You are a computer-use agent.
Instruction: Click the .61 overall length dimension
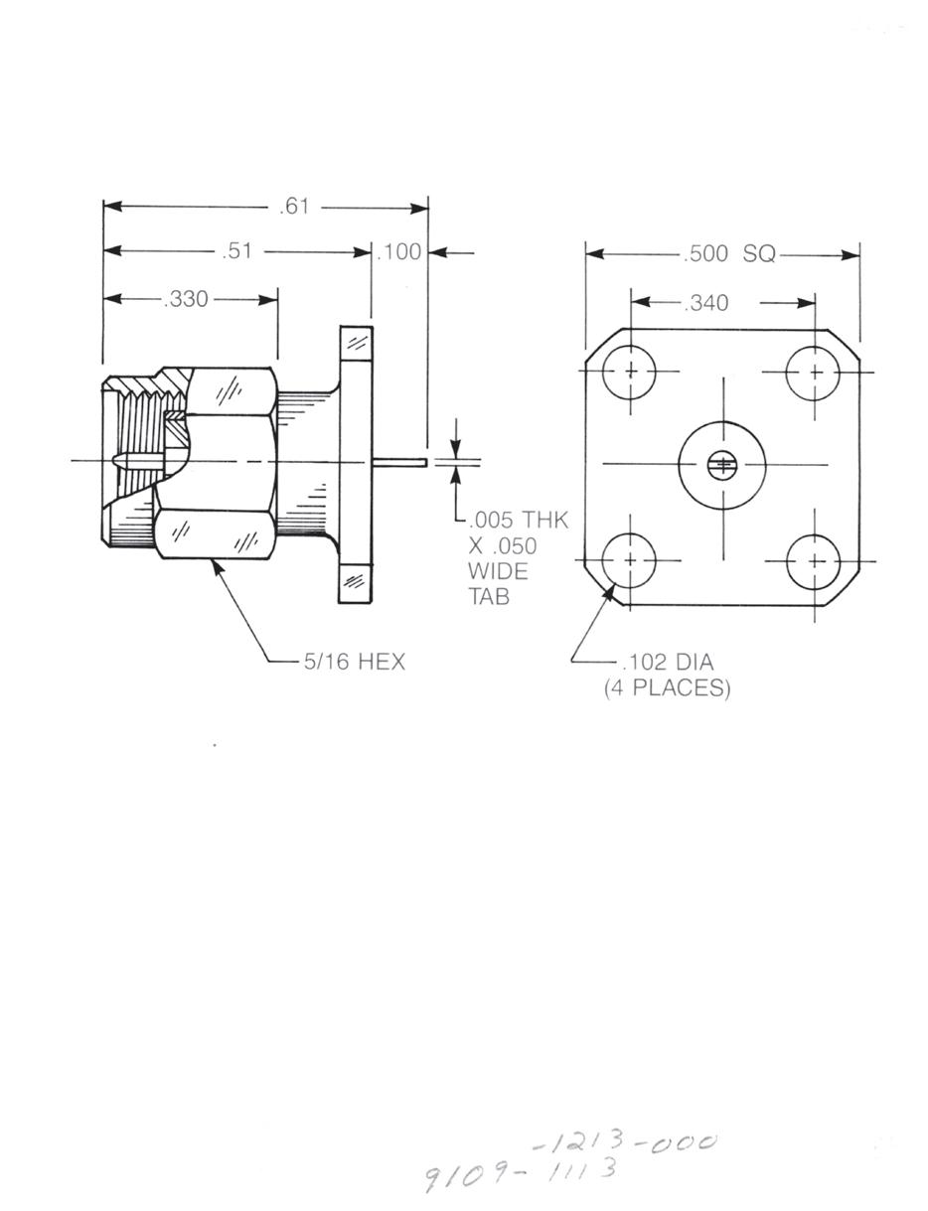(x=295, y=207)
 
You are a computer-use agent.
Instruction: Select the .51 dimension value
(x=237, y=251)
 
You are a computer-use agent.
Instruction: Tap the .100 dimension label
(x=399, y=252)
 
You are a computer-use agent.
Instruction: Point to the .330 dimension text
(x=186, y=299)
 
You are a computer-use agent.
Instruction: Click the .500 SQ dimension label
(x=729, y=254)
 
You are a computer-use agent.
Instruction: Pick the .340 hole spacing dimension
(x=706, y=302)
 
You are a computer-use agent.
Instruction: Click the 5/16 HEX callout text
(x=355, y=662)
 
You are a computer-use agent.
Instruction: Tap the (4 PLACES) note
(x=667, y=687)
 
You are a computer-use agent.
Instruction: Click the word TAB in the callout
(x=489, y=597)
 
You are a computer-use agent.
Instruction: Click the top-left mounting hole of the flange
(x=630, y=373)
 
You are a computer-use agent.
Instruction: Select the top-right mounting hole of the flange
(x=814, y=373)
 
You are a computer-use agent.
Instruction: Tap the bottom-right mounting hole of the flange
(x=814, y=561)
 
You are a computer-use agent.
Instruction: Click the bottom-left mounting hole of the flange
(x=630, y=560)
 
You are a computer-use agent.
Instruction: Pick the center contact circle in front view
(x=722, y=464)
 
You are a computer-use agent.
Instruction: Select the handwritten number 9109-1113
(x=521, y=1173)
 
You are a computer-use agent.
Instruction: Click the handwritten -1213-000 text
(x=624, y=1143)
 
